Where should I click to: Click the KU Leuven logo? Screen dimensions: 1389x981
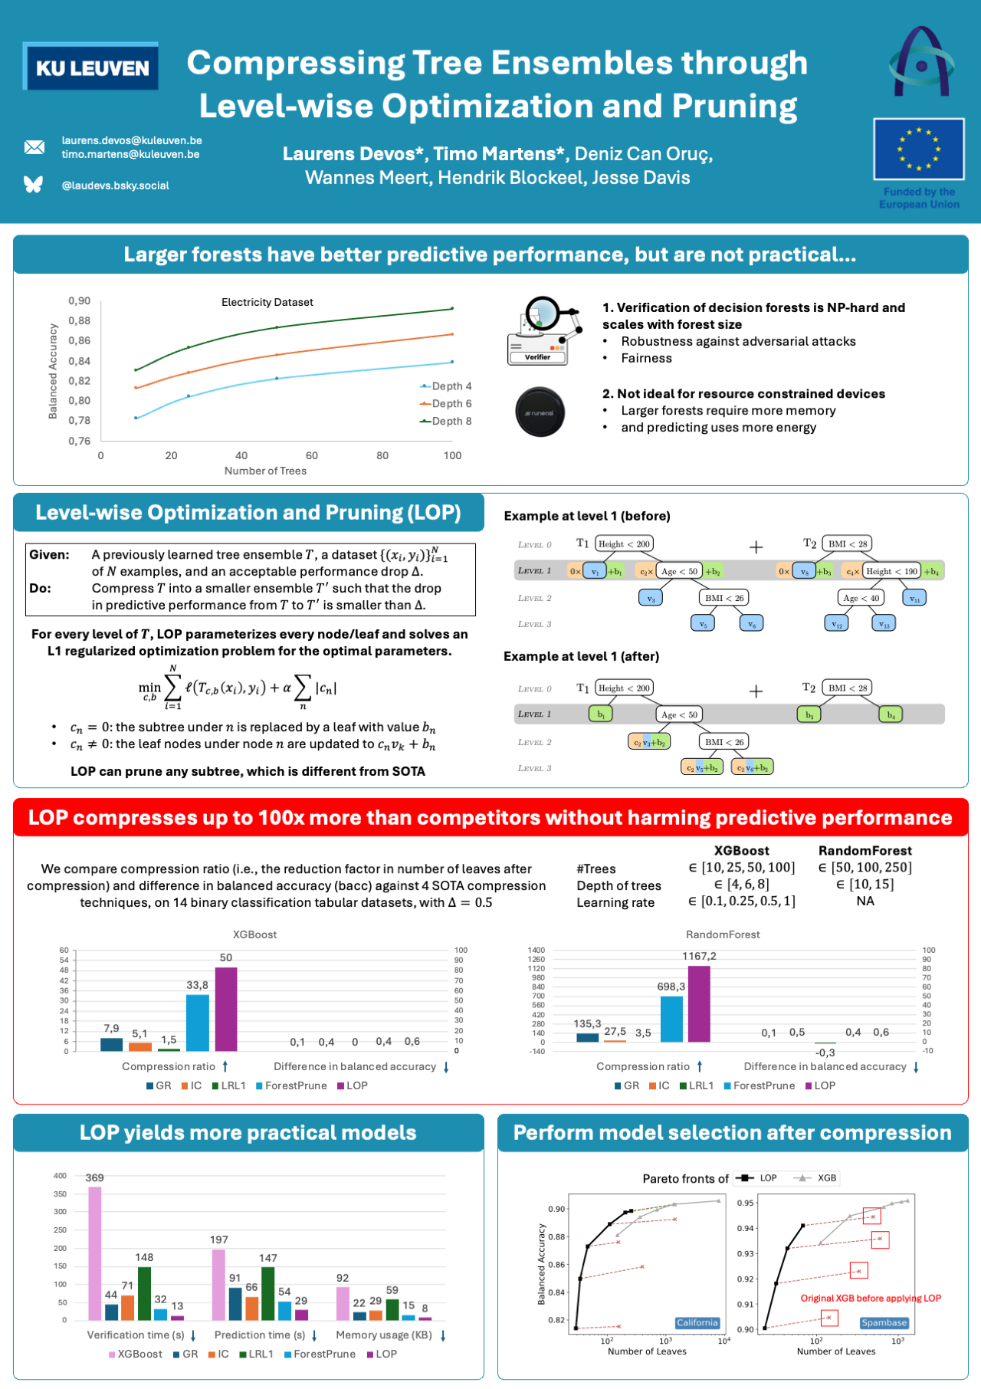click(91, 67)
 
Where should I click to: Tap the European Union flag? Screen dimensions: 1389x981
click(918, 149)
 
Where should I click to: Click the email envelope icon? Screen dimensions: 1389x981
click(34, 147)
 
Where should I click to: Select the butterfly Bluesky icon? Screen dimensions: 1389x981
click(34, 184)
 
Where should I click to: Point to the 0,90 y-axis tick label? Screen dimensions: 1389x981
click(79, 300)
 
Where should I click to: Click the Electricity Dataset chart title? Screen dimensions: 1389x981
click(267, 302)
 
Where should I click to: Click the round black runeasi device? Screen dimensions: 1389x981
click(540, 412)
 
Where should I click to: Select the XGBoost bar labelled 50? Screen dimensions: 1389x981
click(226, 1009)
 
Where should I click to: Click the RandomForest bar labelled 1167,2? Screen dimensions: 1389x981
click(699, 1003)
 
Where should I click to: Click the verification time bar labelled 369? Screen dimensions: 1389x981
click(95, 1253)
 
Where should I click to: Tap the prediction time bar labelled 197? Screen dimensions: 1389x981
click(219, 1285)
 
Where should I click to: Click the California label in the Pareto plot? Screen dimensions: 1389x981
click(697, 1322)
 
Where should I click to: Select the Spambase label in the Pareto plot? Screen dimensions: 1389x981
click(884, 1322)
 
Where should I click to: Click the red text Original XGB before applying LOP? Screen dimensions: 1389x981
click(871, 1298)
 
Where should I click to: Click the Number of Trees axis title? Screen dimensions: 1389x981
click(265, 471)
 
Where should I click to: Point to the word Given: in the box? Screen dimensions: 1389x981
click(50, 554)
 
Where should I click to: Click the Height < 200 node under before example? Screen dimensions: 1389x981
click(624, 543)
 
